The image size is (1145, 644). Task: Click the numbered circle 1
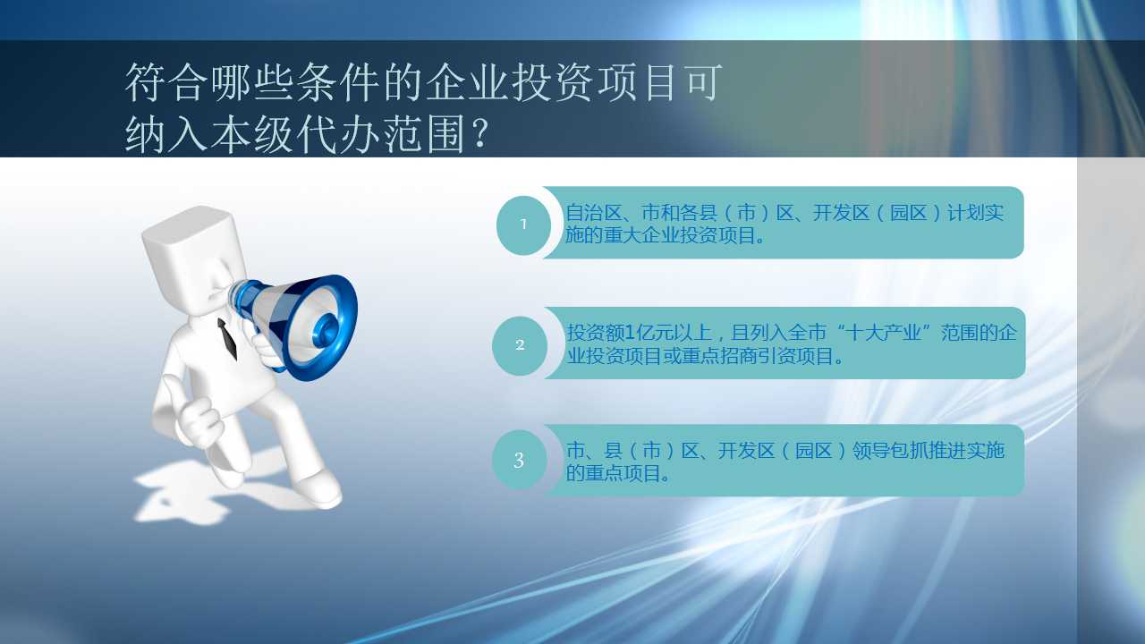(x=523, y=225)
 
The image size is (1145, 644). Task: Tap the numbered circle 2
(x=520, y=345)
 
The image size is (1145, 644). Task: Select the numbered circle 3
(x=520, y=460)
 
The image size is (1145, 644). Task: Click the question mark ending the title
(x=480, y=134)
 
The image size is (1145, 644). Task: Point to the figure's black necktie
(x=227, y=338)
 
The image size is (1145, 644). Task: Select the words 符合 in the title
(x=166, y=82)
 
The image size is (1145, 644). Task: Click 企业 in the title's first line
(x=467, y=82)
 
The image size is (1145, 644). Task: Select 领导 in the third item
(x=871, y=450)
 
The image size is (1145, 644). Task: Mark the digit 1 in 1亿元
(x=630, y=333)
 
